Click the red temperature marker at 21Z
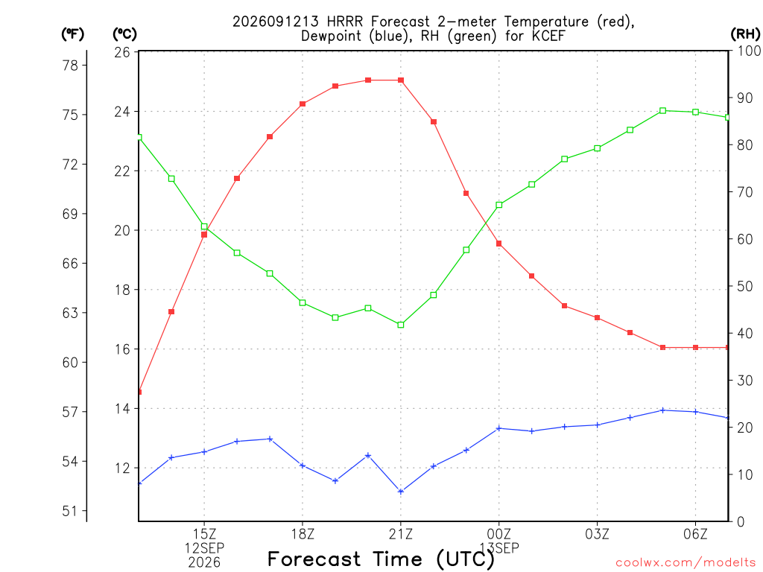401,80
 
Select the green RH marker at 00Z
498,206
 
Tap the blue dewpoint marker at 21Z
401,492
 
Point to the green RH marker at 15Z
204,226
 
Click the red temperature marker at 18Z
303,104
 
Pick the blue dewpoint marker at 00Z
498,428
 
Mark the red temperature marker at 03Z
598,318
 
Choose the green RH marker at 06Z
696,112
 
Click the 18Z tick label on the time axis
303,534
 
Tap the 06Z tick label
695,534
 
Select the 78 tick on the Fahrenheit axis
71,66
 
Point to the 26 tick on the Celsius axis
122,52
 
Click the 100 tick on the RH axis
750,51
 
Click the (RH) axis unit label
745,34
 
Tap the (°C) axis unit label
125,34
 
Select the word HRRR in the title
345,22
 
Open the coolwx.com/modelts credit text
686,563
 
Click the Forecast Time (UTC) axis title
381,559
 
